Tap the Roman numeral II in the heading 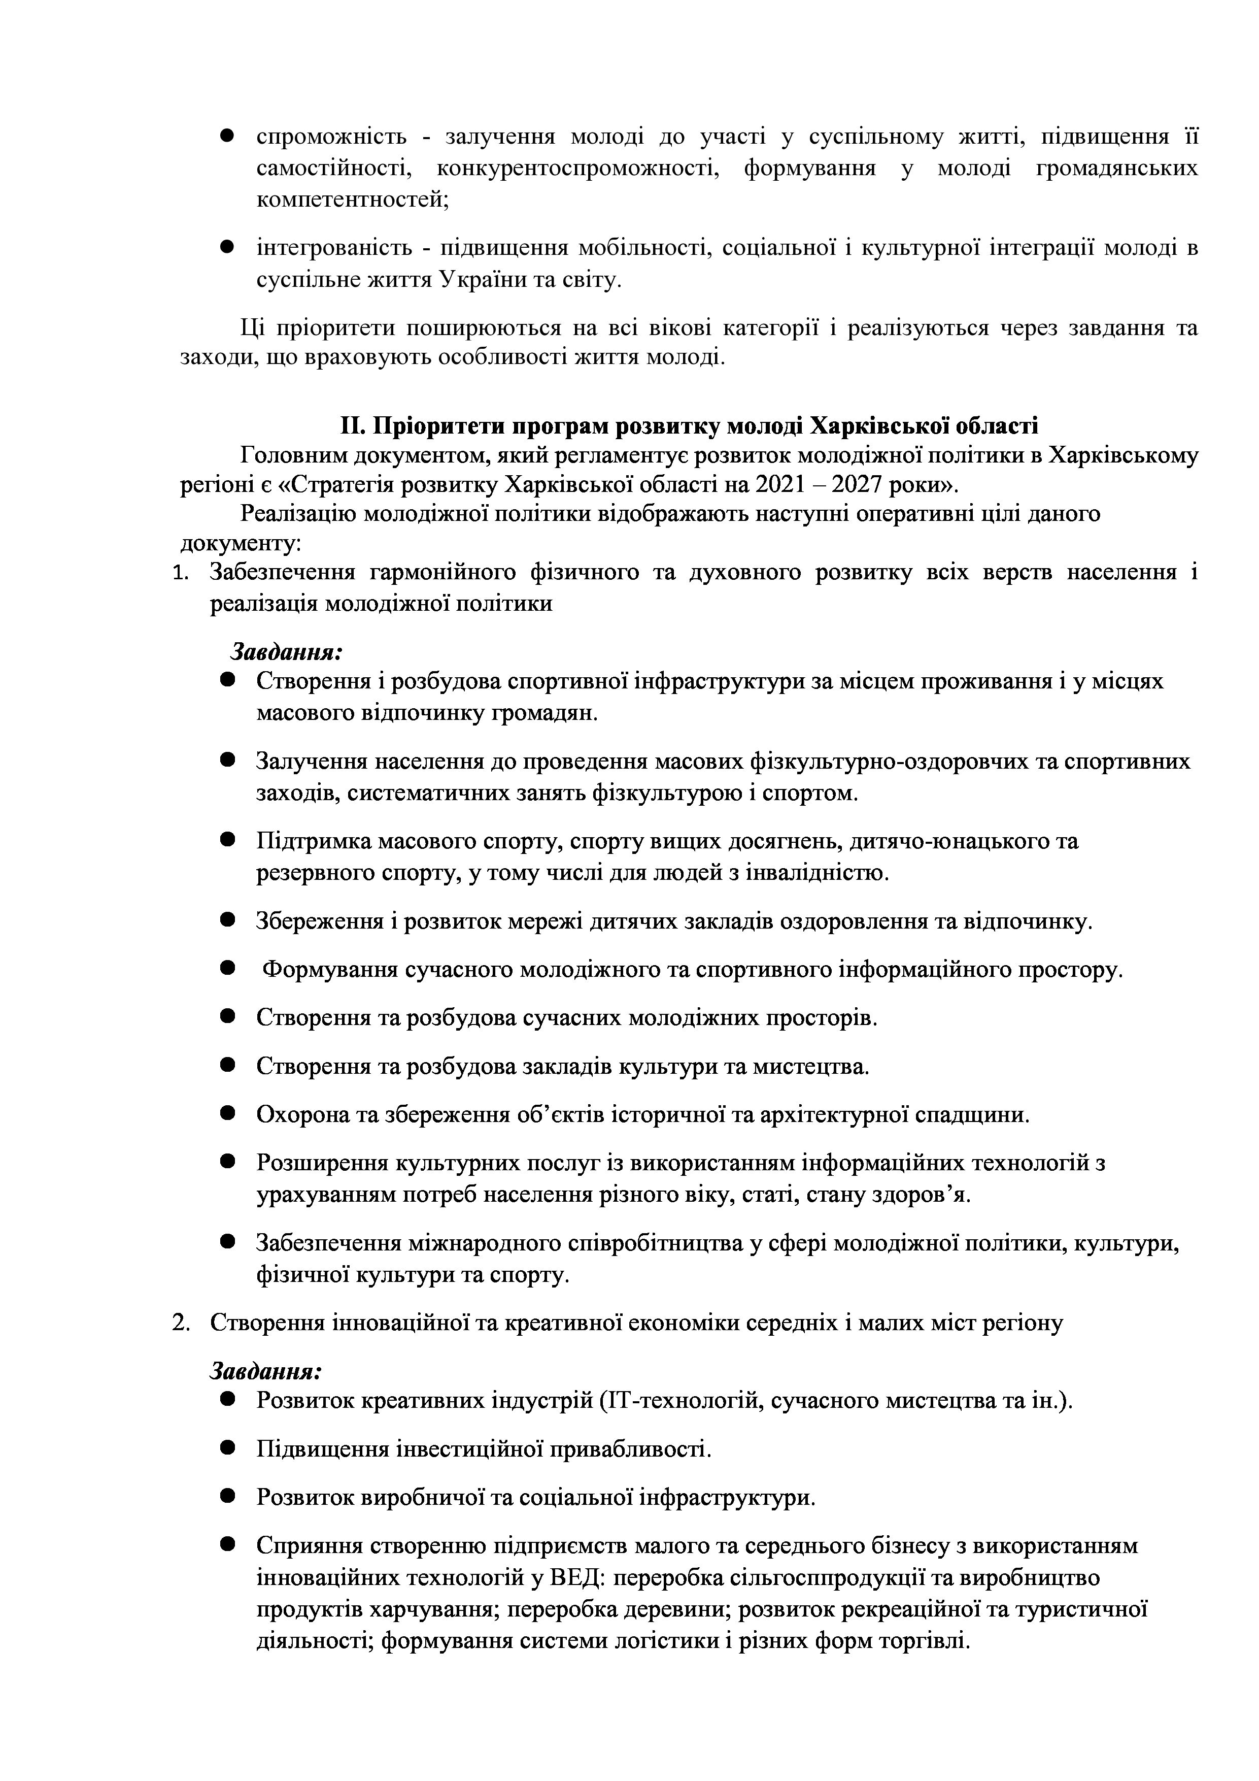coord(352,426)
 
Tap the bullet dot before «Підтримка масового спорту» coord(227,840)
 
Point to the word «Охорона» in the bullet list coord(303,1115)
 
